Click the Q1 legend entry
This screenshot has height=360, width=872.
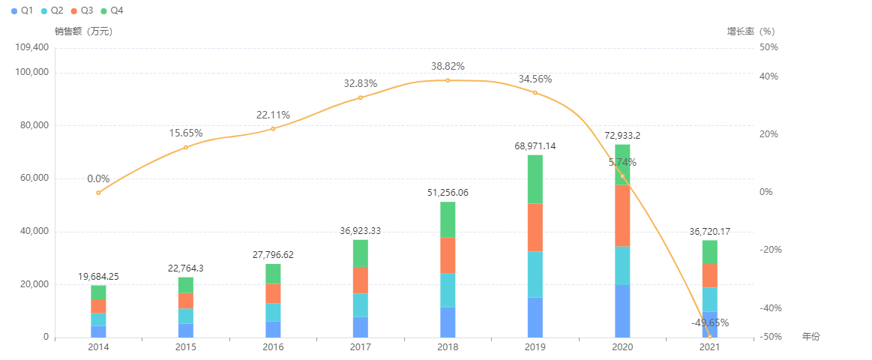tap(22, 11)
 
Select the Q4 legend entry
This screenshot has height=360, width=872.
tap(110, 11)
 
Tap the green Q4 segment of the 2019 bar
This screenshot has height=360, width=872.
tap(535, 179)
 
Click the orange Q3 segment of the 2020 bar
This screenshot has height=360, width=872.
tap(622, 215)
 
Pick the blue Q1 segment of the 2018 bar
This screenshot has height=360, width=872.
tap(448, 322)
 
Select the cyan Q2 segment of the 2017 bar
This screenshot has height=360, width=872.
tap(360, 305)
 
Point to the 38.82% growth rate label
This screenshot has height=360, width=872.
tap(448, 66)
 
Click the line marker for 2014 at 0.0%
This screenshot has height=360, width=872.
tap(98, 193)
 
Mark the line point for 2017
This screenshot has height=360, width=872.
tap(360, 97)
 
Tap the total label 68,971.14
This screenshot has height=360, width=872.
tap(535, 145)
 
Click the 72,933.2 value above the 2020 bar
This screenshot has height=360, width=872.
tap(622, 136)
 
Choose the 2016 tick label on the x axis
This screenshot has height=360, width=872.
tap(273, 347)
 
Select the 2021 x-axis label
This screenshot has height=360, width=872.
tap(709, 347)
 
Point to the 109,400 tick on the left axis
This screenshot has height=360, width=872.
tap(31, 47)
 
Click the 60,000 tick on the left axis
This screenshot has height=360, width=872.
tap(34, 178)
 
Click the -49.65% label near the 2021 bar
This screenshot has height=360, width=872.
tap(709, 322)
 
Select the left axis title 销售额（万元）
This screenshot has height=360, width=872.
tap(83, 31)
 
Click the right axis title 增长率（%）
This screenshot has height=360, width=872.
tap(751, 31)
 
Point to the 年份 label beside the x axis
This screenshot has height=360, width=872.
tap(811, 337)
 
